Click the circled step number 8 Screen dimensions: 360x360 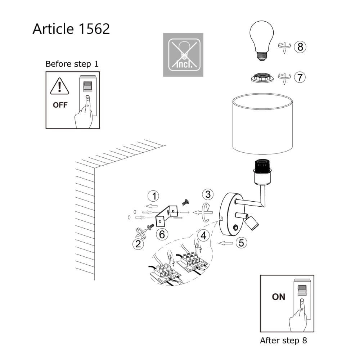[300, 46]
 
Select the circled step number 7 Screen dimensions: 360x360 [300, 77]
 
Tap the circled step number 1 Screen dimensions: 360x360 [154, 196]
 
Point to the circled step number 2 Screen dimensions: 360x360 [138, 244]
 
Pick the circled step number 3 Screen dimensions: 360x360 [207, 194]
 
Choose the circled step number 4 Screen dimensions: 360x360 [204, 236]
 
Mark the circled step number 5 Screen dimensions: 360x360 [241, 243]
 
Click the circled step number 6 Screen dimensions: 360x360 [162, 234]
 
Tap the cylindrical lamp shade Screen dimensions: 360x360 [262, 125]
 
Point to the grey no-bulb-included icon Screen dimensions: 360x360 [183, 55]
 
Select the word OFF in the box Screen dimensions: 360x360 [60, 105]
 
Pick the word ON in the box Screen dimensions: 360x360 [278, 297]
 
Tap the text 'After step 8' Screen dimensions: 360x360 [283, 340]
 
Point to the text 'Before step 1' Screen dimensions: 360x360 [72, 64]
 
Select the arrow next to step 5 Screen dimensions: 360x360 [225, 244]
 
